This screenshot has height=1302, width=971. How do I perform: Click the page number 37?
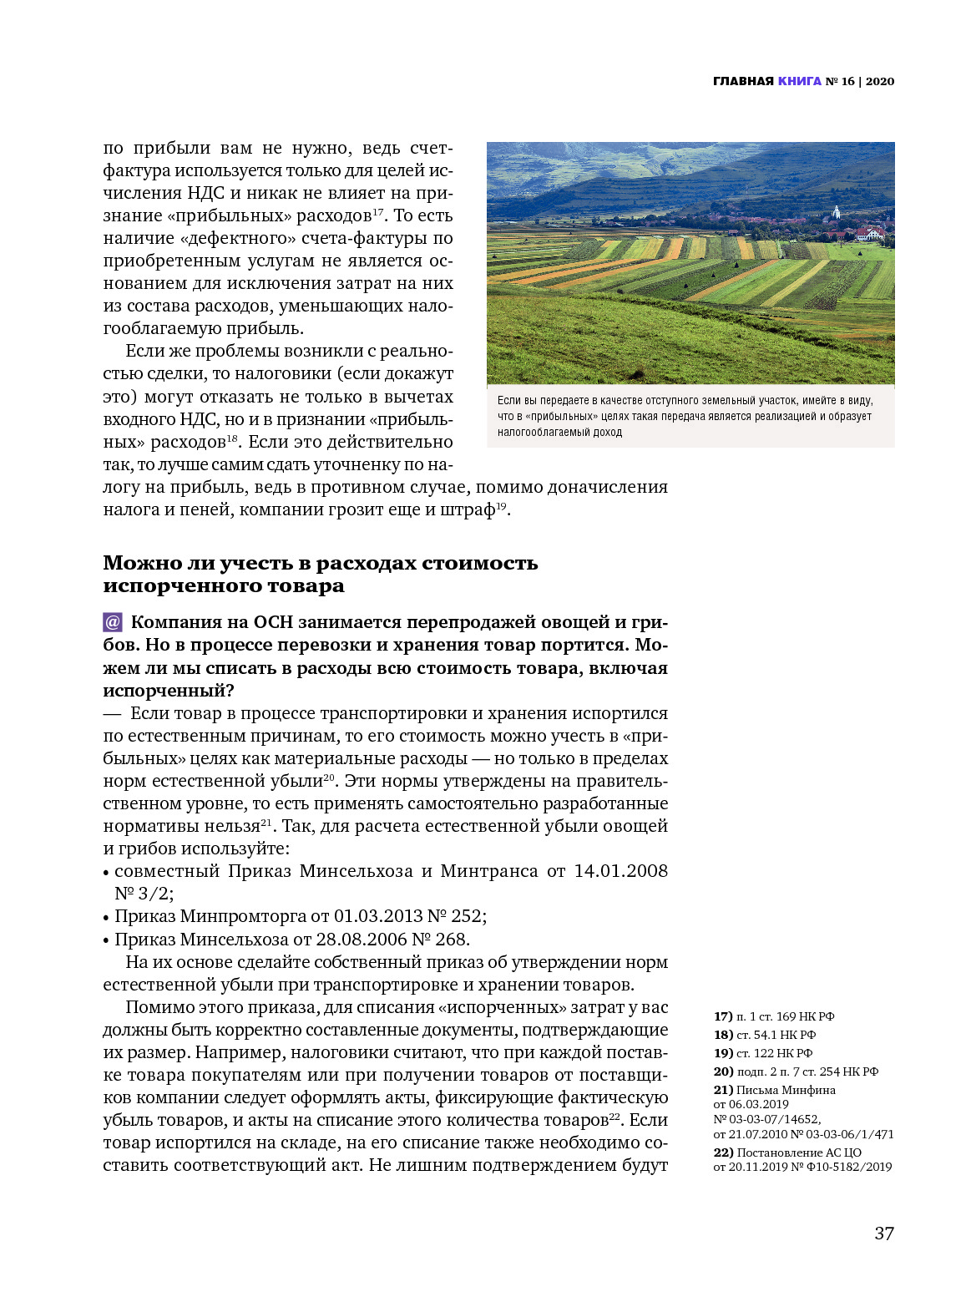883,1234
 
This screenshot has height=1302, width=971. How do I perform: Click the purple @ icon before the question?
113,622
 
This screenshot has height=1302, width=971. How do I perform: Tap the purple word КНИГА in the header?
799,81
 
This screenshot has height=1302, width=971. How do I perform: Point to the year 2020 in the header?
880,81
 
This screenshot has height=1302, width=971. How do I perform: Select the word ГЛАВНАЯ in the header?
743,81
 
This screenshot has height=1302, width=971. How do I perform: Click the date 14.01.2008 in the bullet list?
620,871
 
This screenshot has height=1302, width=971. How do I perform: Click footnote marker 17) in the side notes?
723,1016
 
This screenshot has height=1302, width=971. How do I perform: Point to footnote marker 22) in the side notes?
723,1153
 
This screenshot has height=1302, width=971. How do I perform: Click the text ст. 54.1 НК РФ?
776,1035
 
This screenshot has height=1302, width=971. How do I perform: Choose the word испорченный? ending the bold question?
168,691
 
